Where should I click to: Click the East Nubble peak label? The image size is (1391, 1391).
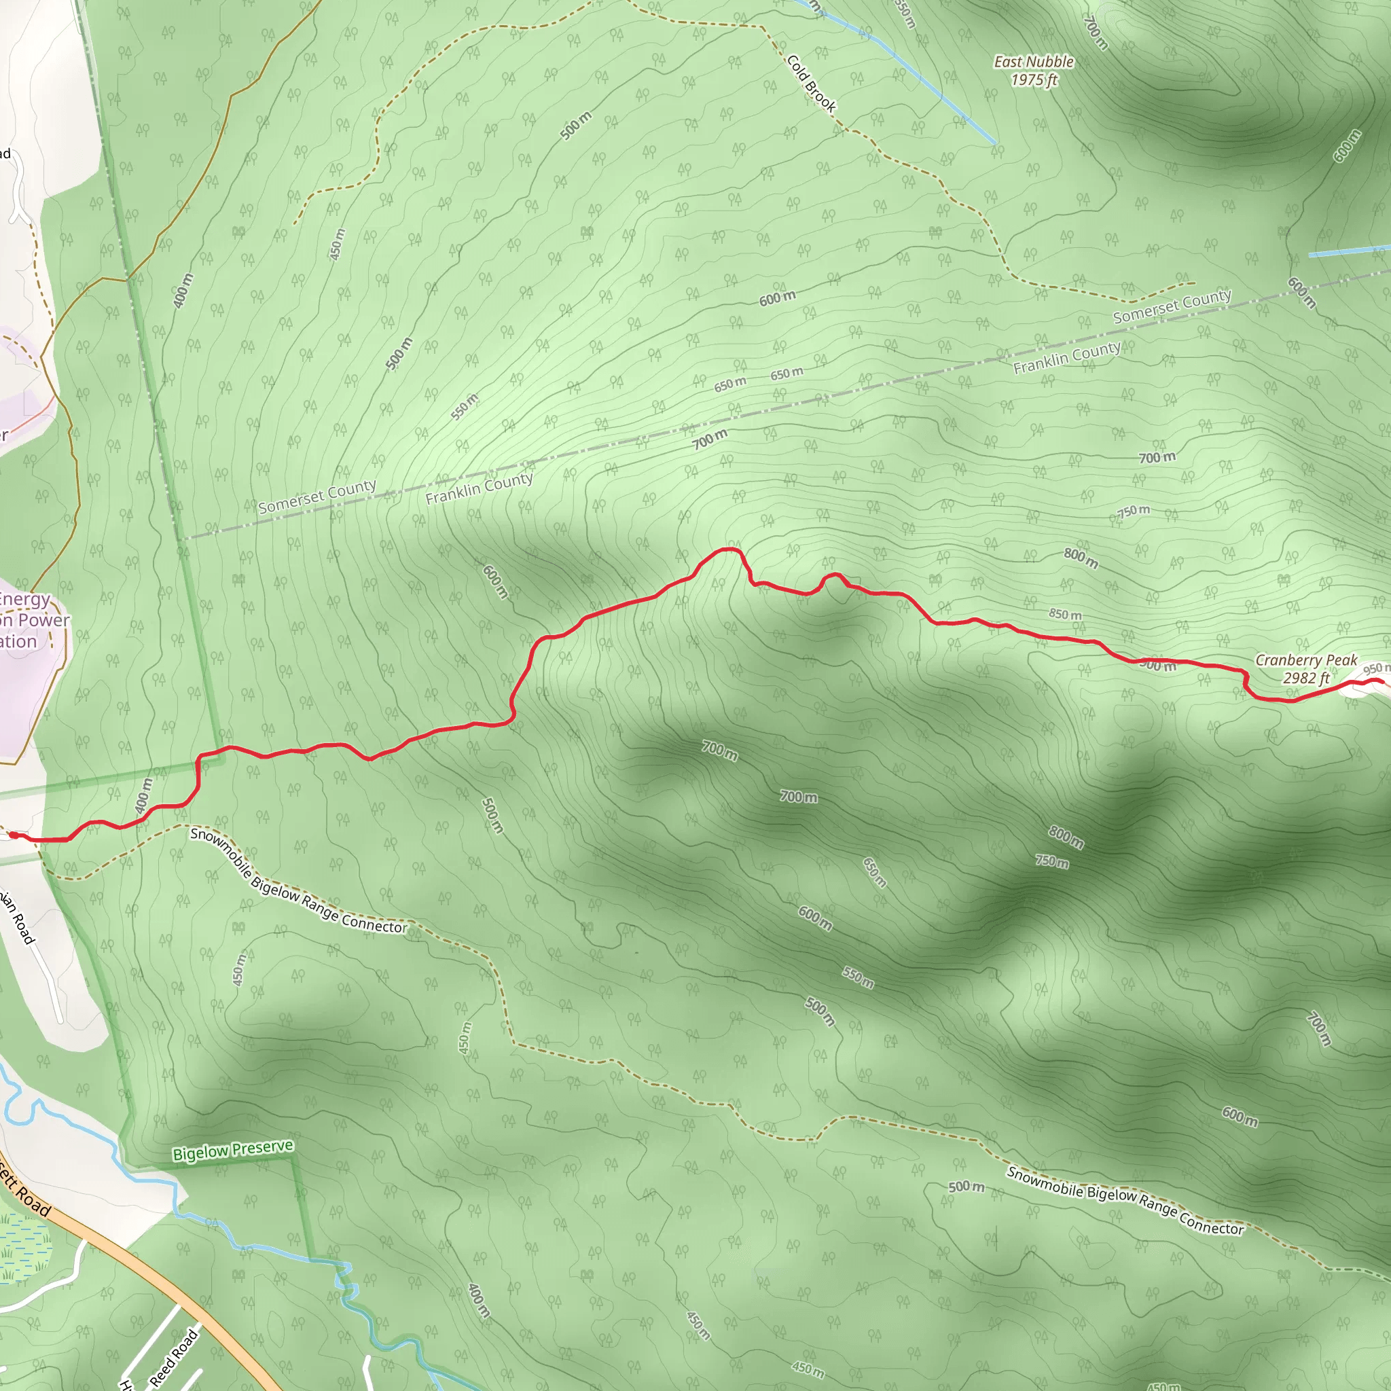pyautogui.click(x=1033, y=62)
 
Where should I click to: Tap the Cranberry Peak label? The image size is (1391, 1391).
pyautogui.click(x=1306, y=660)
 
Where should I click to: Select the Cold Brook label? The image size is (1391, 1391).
pyautogui.click(x=812, y=84)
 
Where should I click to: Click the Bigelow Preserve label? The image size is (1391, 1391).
pyautogui.click(x=232, y=1149)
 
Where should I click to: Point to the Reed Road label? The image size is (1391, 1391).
pyautogui.click(x=173, y=1358)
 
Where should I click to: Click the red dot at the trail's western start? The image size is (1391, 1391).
pyautogui.click(x=13, y=835)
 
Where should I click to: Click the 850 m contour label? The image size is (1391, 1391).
pyautogui.click(x=1065, y=614)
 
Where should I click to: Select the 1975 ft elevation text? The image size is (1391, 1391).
pyautogui.click(x=1033, y=80)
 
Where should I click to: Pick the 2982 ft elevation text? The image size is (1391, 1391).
pyautogui.click(x=1306, y=677)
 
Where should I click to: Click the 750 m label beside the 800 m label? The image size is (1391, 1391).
pyautogui.click(x=1052, y=861)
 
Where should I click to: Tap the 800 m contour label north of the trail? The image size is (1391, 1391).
pyautogui.click(x=1081, y=557)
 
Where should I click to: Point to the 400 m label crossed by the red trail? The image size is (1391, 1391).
pyautogui.click(x=144, y=795)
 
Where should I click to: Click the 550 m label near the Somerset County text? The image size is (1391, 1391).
pyautogui.click(x=465, y=407)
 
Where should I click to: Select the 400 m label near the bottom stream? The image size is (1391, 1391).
pyautogui.click(x=479, y=1300)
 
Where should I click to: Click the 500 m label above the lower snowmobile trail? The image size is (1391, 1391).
pyautogui.click(x=966, y=1187)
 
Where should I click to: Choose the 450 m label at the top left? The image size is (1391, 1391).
pyautogui.click(x=336, y=243)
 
